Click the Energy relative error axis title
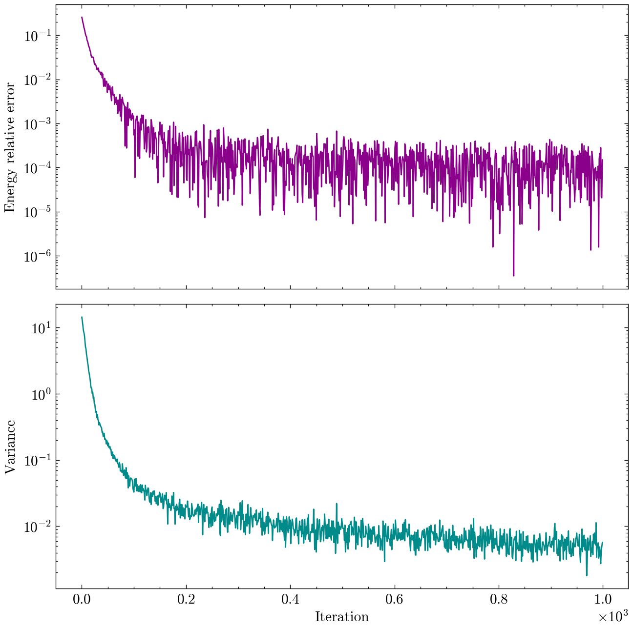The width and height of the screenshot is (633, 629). pyautogui.click(x=10, y=147)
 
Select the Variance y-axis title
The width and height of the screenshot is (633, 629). pyautogui.click(x=10, y=447)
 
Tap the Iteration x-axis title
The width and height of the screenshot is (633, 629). pyautogui.click(x=341, y=617)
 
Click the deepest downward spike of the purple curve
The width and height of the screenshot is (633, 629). pyautogui.click(x=513, y=276)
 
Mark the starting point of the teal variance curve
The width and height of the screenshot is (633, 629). pyautogui.click(x=82, y=317)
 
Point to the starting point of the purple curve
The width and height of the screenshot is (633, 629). pyautogui.click(x=82, y=17)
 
